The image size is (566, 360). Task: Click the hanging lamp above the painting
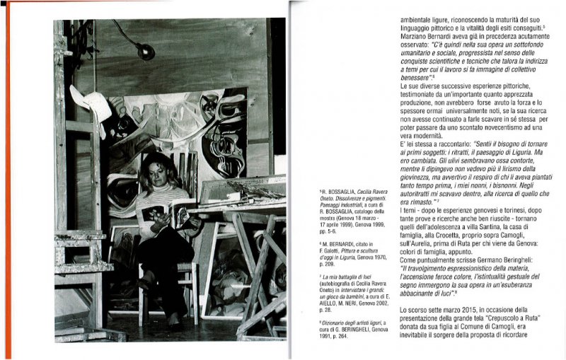click(146, 50)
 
